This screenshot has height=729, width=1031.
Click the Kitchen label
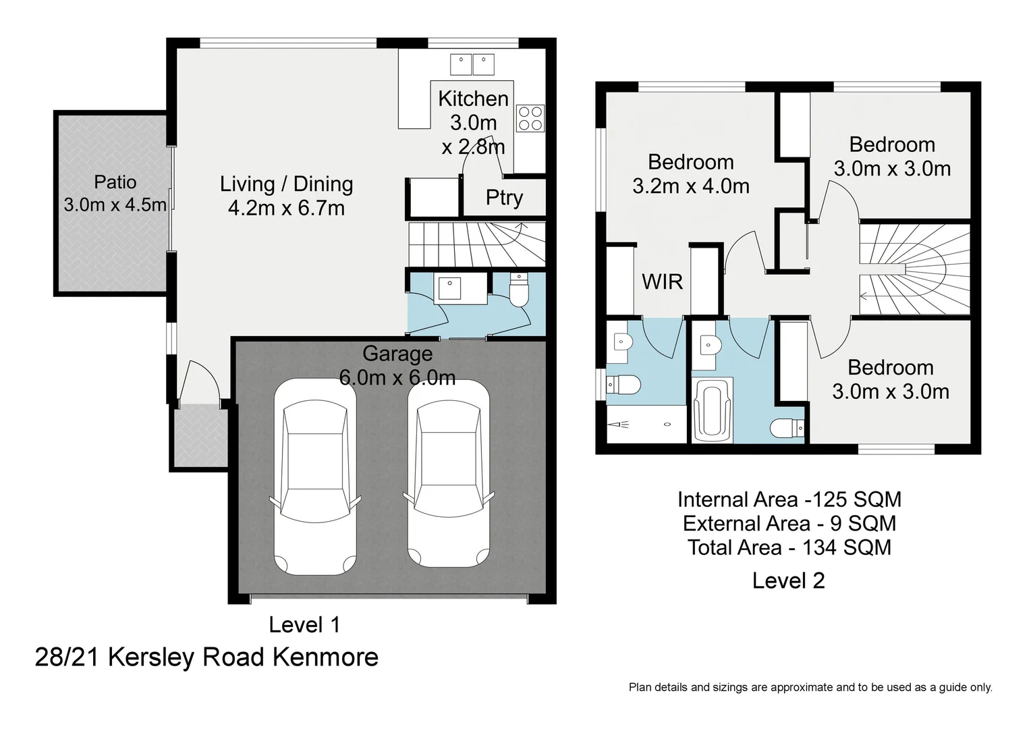point(473,99)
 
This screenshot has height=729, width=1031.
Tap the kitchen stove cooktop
point(530,118)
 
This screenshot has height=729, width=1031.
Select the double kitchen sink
point(472,64)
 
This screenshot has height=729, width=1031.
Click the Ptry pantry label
point(504,198)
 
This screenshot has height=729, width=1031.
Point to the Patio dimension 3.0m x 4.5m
point(115,205)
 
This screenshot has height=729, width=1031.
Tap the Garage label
point(397,353)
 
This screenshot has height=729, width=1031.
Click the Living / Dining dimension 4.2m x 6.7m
point(286,208)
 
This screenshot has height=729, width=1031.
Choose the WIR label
point(662,281)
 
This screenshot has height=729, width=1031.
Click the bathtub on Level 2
point(712,410)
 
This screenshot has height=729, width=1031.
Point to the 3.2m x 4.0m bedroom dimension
point(691,186)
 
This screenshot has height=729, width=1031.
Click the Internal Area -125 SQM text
point(789,500)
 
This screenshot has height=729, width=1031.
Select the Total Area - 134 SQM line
point(789,547)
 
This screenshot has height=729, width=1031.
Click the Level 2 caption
point(788,580)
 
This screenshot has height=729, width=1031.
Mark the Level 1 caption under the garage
point(304,624)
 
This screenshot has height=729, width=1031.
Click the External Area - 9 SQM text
point(789,523)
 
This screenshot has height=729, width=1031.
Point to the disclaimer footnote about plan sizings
point(810,687)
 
